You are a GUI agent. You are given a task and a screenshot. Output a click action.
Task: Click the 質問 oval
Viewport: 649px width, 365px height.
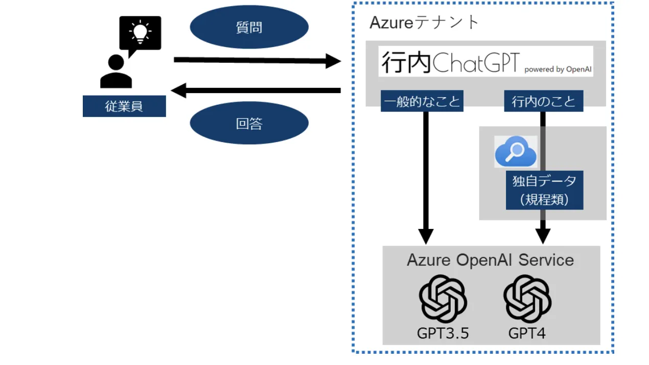(249, 27)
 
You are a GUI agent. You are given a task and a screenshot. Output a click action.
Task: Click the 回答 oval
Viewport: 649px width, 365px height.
(249, 123)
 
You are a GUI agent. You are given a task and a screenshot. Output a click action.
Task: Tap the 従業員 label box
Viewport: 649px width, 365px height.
(124, 106)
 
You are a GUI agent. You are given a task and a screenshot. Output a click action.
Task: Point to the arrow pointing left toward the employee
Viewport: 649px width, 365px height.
(256, 91)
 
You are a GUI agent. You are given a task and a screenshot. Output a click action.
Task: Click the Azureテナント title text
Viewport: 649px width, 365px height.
(424, 22)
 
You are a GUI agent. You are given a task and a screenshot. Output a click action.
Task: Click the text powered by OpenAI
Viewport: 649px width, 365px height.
(558, 69)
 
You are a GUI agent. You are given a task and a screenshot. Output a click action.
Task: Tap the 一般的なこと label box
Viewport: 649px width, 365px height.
(422, 101)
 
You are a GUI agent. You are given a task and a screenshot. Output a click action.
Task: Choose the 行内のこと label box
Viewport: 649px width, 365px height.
(543, 101)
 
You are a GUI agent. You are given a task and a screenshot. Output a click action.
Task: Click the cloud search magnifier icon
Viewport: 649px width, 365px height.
(516, 152)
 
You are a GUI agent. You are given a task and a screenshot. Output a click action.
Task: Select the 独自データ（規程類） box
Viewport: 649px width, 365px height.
(544, 190)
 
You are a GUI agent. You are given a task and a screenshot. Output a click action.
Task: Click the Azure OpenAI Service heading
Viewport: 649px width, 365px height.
(490, 260)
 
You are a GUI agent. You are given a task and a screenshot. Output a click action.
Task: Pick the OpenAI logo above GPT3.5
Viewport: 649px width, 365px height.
(443, 299)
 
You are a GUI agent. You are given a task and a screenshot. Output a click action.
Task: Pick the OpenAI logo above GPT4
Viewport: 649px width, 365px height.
(527, 299)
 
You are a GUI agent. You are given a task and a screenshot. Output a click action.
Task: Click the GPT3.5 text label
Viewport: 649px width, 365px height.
(443, 333)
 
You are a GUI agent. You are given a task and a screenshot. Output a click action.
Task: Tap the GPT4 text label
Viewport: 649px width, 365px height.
(527, 333)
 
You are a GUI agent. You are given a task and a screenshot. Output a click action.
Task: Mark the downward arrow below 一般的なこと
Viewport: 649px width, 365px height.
(425, 174)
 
